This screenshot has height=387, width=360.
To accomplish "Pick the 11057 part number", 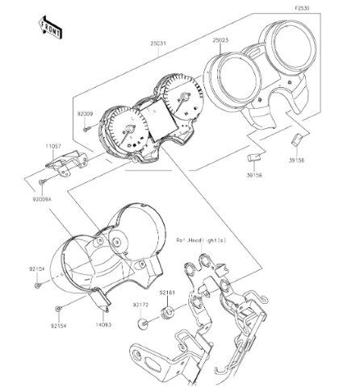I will (52, 147).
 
